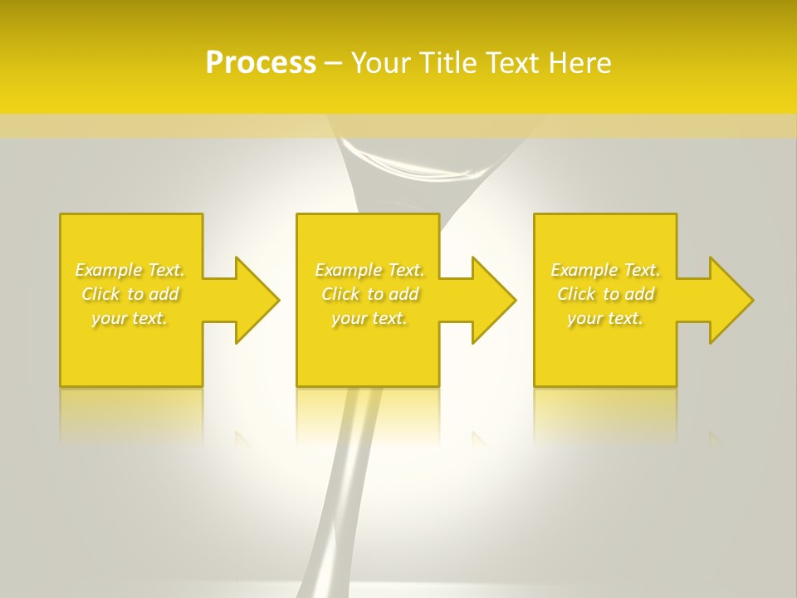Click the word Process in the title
261,63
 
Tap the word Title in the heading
453,63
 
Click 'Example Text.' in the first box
130,270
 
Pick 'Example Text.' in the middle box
369,270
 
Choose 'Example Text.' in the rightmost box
605,270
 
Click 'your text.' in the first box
130,318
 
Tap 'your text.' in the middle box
369,318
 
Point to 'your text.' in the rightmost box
605,318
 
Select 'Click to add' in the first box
130,294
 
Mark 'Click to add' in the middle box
369,294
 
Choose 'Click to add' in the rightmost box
605,294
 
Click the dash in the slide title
334,63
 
